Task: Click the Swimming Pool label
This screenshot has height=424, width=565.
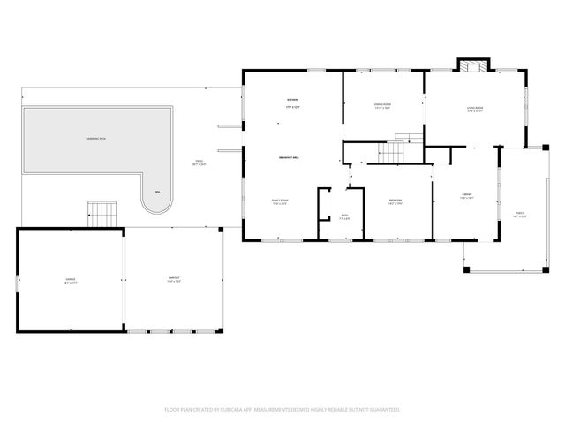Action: click(x=97, y=140)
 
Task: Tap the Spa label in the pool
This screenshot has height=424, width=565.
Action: click(x=157, y=192)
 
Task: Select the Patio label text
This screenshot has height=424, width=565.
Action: click(x=199, y=163)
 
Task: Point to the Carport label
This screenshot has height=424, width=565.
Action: click(x=175, y=280)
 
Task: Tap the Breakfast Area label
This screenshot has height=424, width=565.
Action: click(x=291, y=157)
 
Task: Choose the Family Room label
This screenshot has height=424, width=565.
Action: click(x=280, y=202)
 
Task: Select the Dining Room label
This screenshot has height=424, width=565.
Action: click(x=382, y=106)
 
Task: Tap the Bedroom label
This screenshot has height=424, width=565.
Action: click(x=395, y=202)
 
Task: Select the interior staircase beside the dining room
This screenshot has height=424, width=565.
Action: click(x=396, y=151)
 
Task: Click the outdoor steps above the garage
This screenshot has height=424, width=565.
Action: click(x=102, y=213)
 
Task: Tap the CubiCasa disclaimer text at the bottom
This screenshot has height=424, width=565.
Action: click(x=282, y=410)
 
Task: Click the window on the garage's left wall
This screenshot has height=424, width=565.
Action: click(x=18, y=281)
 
